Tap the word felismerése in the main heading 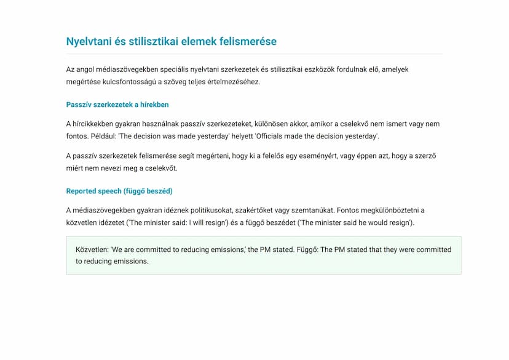click(249, 42)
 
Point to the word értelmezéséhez click(232, 82)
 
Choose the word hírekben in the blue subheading click(154, 105)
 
